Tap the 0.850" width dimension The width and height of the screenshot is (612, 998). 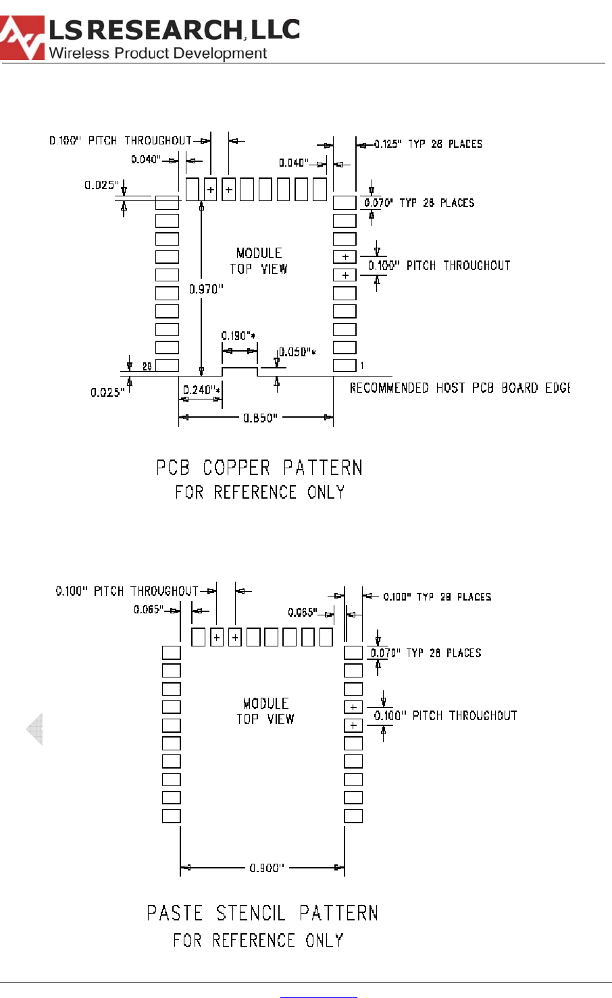pos(260,418)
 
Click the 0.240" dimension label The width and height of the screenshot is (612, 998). pos(201,389)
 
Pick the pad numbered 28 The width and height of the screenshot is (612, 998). pos(168,366)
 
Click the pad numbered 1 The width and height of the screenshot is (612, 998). pos(345,366)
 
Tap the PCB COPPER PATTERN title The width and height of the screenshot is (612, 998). pos(259,468)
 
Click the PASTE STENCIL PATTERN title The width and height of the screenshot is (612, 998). pos(262,913)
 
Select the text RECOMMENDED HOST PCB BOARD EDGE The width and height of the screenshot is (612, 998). pos(459,388)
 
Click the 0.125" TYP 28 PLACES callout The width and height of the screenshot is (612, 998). pos(428,144)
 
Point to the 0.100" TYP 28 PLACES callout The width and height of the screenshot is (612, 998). pos(437,597)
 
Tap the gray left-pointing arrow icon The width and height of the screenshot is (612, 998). pos(34,729)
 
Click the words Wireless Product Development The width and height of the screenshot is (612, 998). pos(158,53)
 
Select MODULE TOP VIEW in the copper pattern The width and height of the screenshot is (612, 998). pos(259,260)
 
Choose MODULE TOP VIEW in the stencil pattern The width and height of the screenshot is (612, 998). pos(265,711)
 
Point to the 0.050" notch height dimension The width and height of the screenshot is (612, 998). pos(297,352)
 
